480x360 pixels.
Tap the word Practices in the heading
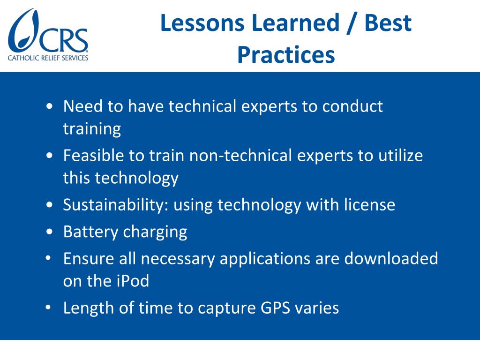(285, 55)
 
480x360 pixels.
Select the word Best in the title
(388, 23)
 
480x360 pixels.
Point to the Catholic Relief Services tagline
(48, 58)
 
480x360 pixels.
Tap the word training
(92, 129)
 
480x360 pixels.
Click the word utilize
(401, 155)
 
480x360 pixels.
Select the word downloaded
(391, 258)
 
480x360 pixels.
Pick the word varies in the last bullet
(319, 308)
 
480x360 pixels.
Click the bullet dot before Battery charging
(50, 232)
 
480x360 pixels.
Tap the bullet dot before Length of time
(50, 308)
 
